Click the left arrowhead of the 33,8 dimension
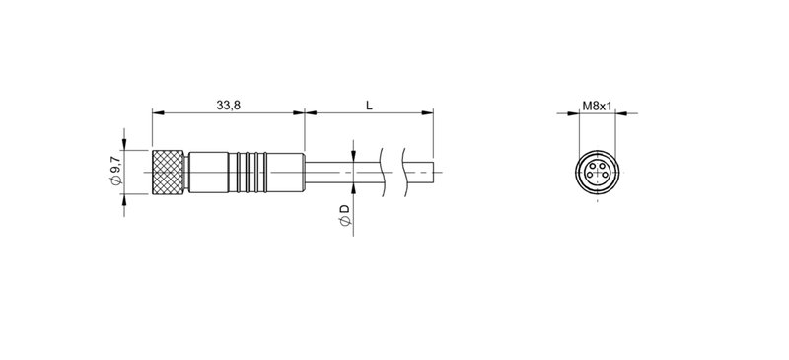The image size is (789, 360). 156,112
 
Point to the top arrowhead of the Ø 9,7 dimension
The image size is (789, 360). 124,144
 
